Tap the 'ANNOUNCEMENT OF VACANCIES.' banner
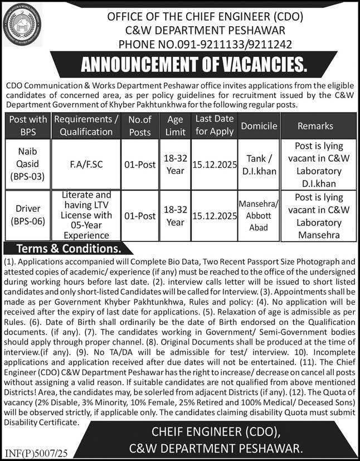click(194, 66)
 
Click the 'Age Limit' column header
click(175, 125)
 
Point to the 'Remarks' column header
click(315, 126)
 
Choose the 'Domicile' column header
click(259, 126)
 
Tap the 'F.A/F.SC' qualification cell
click(86, 165)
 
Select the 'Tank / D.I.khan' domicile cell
click(259, 164)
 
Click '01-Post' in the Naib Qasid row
click(139, 165)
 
